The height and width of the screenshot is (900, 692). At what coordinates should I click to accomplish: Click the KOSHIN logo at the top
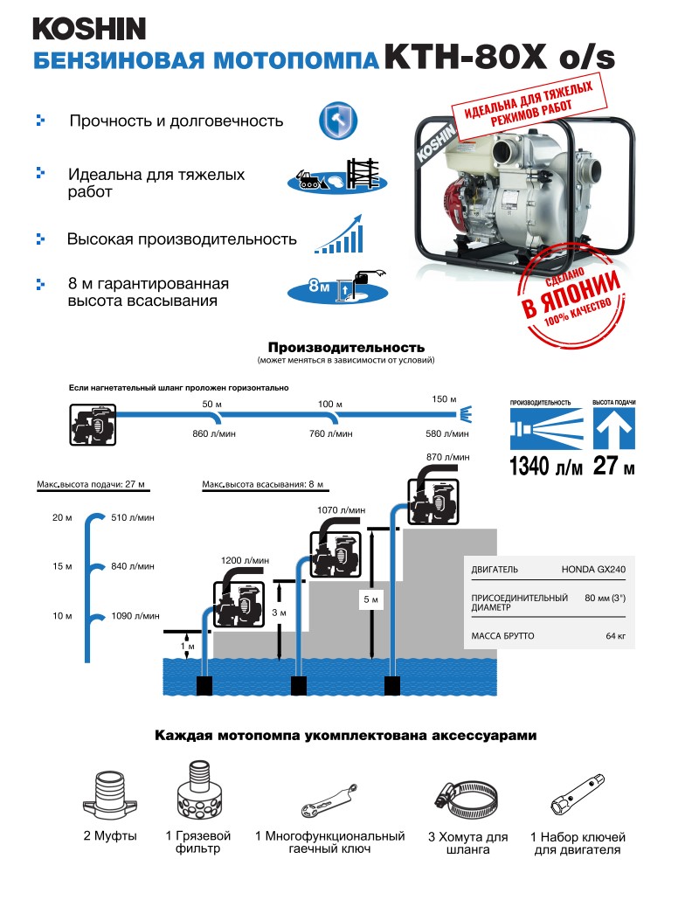(x=89, y=28)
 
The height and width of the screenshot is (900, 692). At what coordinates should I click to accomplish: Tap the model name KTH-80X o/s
(x=500, y=57)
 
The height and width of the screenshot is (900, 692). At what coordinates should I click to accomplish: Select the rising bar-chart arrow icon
(x=340, y=232)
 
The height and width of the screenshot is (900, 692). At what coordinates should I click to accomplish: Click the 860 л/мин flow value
(x=213, y=433)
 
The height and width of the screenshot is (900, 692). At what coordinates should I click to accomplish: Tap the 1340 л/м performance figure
(x=545, y=466)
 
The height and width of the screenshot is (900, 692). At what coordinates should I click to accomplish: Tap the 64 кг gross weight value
(x=615, y=636)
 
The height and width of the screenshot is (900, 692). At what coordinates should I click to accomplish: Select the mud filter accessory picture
(x=193, y=791)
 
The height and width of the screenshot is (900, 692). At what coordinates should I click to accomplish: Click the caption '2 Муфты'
(x=110, y=836)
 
